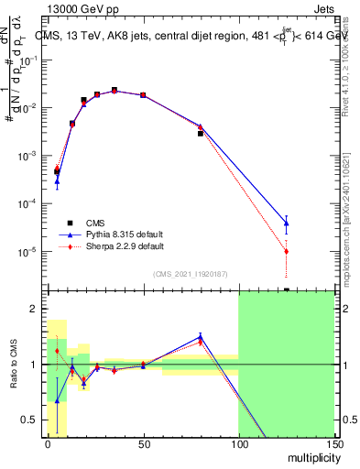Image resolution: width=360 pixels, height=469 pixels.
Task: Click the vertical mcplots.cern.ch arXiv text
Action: [351, 211]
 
